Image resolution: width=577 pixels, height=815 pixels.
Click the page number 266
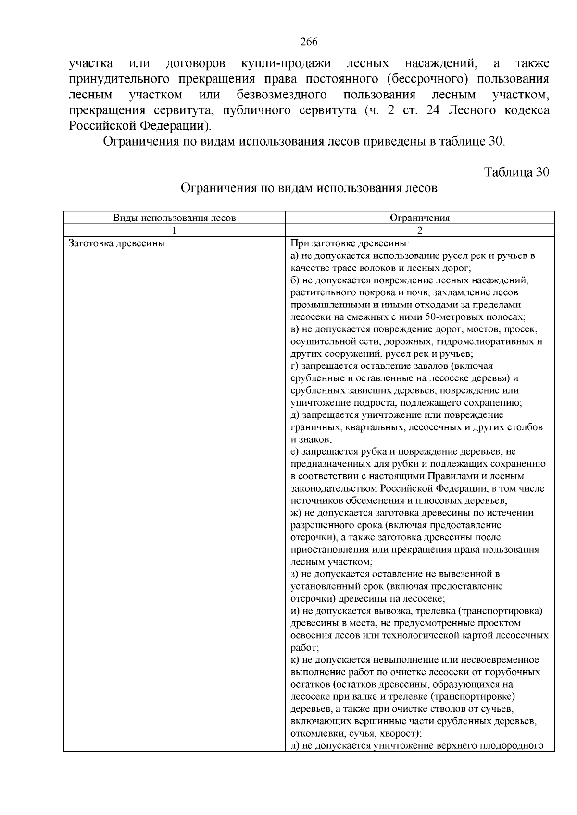(309, 42)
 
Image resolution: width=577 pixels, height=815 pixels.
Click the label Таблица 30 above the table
(516, 172)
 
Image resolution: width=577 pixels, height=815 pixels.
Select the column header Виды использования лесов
(174, 218)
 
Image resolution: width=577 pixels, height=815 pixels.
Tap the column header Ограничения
(419, 218)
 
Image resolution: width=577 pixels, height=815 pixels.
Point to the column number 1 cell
(174, 230)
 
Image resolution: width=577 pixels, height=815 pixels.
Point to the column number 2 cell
(419, 230)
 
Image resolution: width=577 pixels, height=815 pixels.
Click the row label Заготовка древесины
(117, 243)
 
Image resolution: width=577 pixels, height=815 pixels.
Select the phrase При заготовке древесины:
(350, 243)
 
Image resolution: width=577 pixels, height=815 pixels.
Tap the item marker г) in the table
(295, 366)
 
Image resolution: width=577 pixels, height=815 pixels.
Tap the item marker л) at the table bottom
(296, 746)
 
